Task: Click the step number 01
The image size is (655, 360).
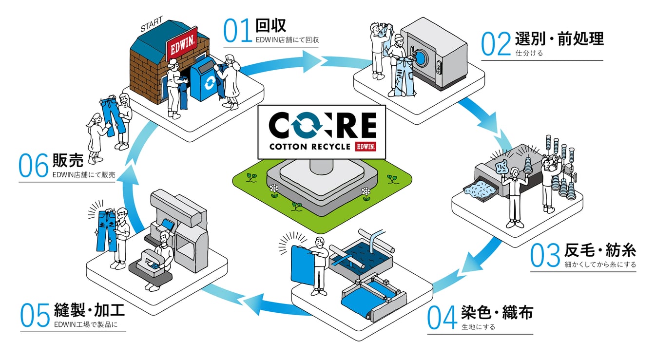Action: pyautogui.click(x=237, y=30)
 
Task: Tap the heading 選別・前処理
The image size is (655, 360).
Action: pyautogui.click(x=559, y=38)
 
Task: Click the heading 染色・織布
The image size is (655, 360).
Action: pyautogui.click(x=497, y=312)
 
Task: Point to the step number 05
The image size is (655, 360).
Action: pyautogui.click(x=35, y=314)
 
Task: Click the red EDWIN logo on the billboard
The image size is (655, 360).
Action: pyautogui.click(x=366, y=147)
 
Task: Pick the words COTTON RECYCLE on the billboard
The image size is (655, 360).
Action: pyautogui.click(x=310, y=147)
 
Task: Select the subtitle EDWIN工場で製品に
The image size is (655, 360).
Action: pyautogui.click(x=86, y=325)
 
